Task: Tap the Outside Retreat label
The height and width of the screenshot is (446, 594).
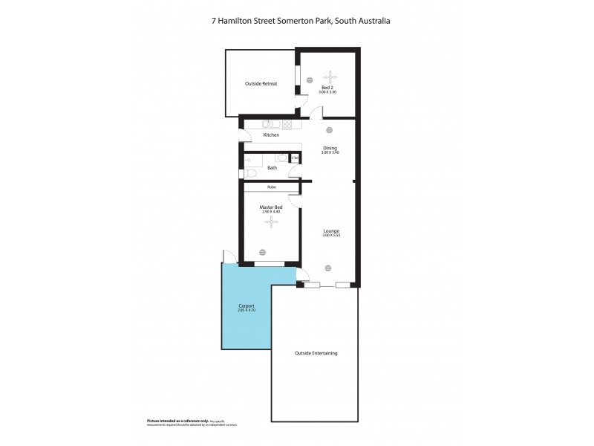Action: click(261, 84)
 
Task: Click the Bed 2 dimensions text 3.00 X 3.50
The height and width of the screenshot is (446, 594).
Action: click(327, 91)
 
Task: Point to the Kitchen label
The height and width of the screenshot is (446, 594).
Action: click(271, 135)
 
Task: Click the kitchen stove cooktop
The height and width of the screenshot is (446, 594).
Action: click(287, 124)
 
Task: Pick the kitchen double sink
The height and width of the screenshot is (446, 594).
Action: click(269, 124)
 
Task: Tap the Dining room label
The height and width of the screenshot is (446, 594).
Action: click(330, 148)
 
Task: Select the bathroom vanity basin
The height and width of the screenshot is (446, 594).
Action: click(281, 157)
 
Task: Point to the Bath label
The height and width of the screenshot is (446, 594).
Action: click(272, 168)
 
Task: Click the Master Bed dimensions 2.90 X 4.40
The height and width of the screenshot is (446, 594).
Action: click(270, 212)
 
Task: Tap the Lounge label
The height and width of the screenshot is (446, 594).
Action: click(330, 231)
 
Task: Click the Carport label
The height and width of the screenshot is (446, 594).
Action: click(247, 306)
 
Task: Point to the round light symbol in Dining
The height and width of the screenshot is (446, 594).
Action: click(329, 130)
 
